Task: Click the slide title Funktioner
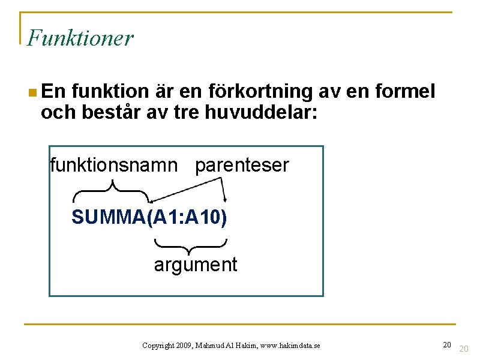tap(80, 38)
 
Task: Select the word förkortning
tap(261, 92)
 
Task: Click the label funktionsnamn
tap(114, 164)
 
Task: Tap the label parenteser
tap(242, 164)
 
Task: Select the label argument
tap(196, 264)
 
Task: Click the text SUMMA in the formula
tap(104, 217)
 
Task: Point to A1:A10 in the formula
tap(187, 217)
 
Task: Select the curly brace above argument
tap(190, 245)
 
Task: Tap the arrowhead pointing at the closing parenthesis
tap(226, 200)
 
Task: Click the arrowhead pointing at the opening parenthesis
tap(152, 200)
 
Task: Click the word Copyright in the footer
tap(158, 346)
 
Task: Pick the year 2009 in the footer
tap(184, 346)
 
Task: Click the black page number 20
tap(447, 344)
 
